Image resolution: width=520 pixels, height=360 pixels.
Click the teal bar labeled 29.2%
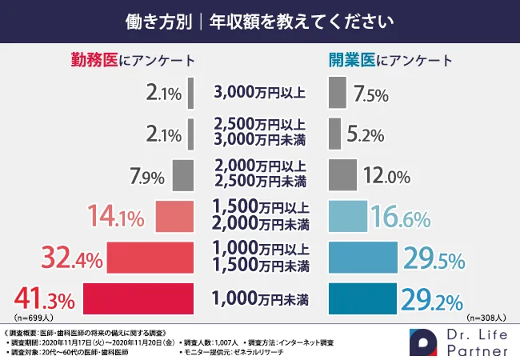click(x=363, y=299)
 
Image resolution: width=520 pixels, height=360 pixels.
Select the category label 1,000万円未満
click(x=259, y=300)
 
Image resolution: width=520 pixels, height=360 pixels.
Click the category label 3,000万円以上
click(x=259, y=92)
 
